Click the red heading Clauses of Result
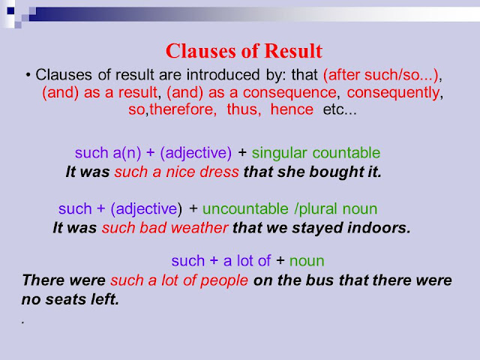click(244, 51)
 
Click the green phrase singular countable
click(316, 153)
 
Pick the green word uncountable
click(244, 209)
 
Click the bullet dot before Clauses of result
click(27, 75)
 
